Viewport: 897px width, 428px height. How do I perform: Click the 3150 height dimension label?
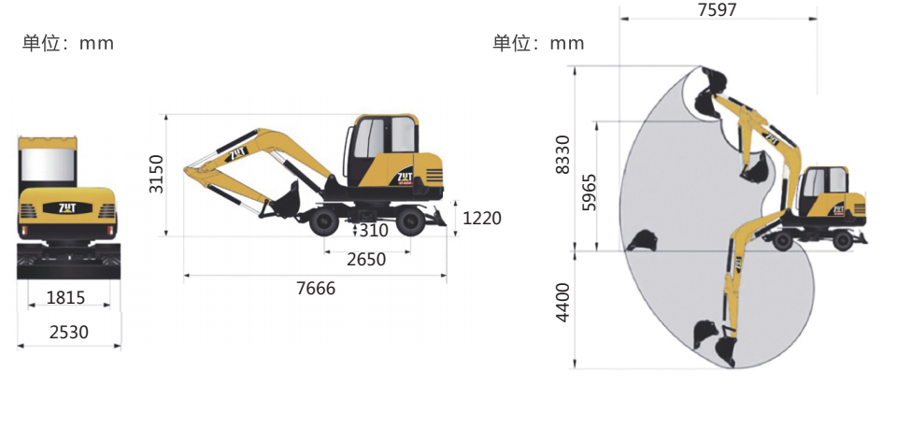(156, 174)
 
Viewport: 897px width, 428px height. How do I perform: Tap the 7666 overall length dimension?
(316, 289)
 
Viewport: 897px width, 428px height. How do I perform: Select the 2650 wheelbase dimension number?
(366, 260)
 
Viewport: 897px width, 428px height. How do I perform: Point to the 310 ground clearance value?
(374, 231)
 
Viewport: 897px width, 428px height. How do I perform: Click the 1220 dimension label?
(482, 218)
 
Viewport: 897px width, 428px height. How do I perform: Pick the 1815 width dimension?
(65, 297)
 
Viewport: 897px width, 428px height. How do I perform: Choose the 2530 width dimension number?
(68, 332)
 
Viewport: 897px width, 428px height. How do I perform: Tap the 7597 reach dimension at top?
(718, 9)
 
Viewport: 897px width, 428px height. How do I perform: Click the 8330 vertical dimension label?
(562, 154)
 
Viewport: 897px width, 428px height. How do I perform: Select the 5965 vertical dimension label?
(589, 193)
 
